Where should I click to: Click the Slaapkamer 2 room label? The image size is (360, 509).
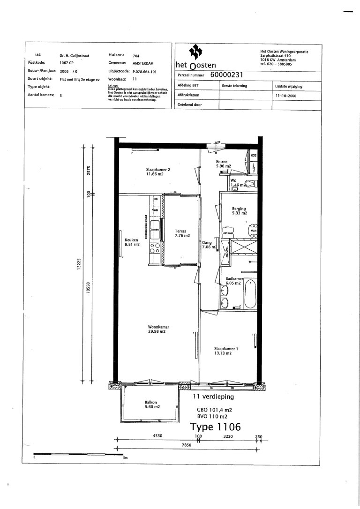(x=154, y=172)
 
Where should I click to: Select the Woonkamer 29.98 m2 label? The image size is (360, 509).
(x=157, y=329)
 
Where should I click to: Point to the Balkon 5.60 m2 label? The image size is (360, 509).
(x=150, y=404)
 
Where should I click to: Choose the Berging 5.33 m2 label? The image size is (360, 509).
(x=239, y=210)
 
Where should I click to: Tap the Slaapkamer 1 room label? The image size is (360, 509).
(x=223, y=351)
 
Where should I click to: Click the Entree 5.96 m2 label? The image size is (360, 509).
(x=223, y=164)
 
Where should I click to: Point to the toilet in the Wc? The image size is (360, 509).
(x=251, y=183)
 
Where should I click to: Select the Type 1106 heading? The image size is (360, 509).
(x=215, y=427)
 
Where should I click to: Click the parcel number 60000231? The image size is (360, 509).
(x=226, y=75)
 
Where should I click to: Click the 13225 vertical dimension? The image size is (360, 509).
(x=80, y=264)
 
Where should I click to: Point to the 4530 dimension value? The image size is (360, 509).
(x=157, y=436)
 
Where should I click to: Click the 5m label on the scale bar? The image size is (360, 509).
(x=125, y=458)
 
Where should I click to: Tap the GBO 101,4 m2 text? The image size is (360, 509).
(x=214, y=409)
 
